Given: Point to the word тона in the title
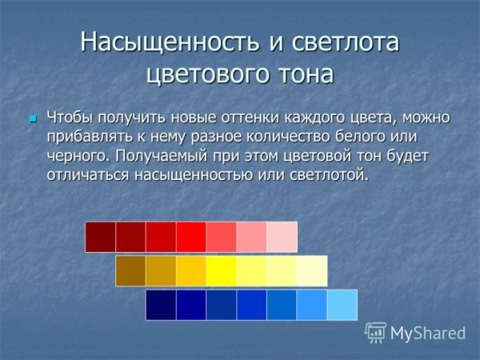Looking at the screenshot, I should point(302,74).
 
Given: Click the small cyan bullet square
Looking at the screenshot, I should point(33,118).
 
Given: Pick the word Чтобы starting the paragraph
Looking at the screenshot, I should point(70,118).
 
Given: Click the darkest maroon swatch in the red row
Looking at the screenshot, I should point(101,237).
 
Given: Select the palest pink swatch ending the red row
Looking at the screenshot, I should point(282,237).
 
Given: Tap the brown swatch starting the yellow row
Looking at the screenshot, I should point(130,270).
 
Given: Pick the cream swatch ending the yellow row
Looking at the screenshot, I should point(311,270).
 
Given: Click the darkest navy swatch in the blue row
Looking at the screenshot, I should point(161,305).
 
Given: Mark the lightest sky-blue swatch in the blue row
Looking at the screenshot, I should point(342,305).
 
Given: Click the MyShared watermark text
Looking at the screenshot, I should point(428,332).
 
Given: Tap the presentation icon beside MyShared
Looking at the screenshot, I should point(375,331).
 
